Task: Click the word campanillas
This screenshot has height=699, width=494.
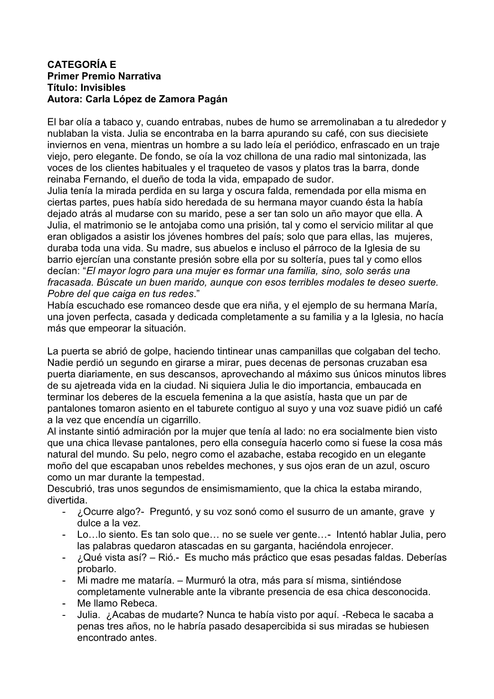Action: (298, 352)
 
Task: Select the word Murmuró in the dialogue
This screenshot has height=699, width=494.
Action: (203, 581)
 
